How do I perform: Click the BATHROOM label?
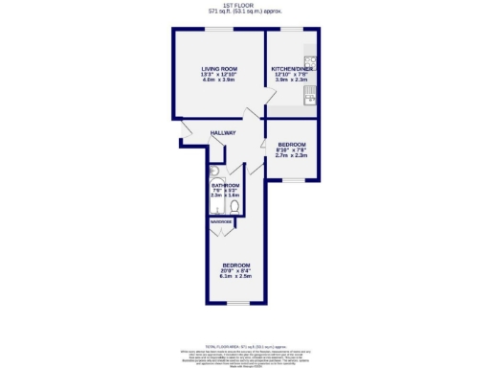[x=225, y=186]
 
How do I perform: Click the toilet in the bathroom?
[x=233, y=205]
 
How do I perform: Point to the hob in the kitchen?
[x=311, y=87]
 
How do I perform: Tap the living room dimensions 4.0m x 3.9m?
[x=218, y=81]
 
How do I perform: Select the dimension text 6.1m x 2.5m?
[x=236, y=277]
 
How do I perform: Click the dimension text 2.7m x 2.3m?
[x=291, y=155]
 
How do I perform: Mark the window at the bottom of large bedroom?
[x=235, y=304]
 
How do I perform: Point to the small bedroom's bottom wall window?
[x=293, y=179]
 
